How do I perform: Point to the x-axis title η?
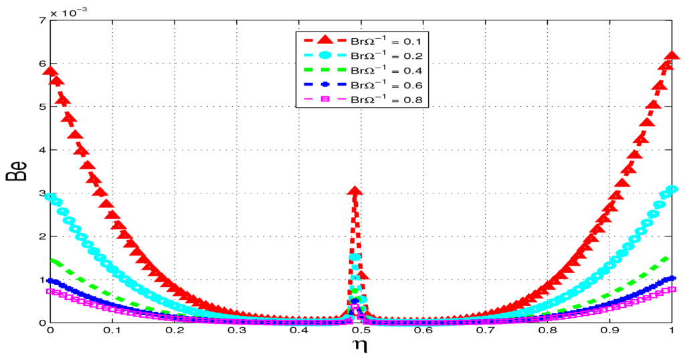tap(360, 347)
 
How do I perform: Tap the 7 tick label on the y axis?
tap(41, 21)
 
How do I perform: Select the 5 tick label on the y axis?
tap(41, 107)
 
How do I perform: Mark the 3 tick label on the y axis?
tap(41, 193)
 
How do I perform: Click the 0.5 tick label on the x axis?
tap(360, 331)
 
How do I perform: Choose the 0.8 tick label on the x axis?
tap(547, 331)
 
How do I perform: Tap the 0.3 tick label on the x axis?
tap(235, 331)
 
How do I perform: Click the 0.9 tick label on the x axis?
tap(609, 331)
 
